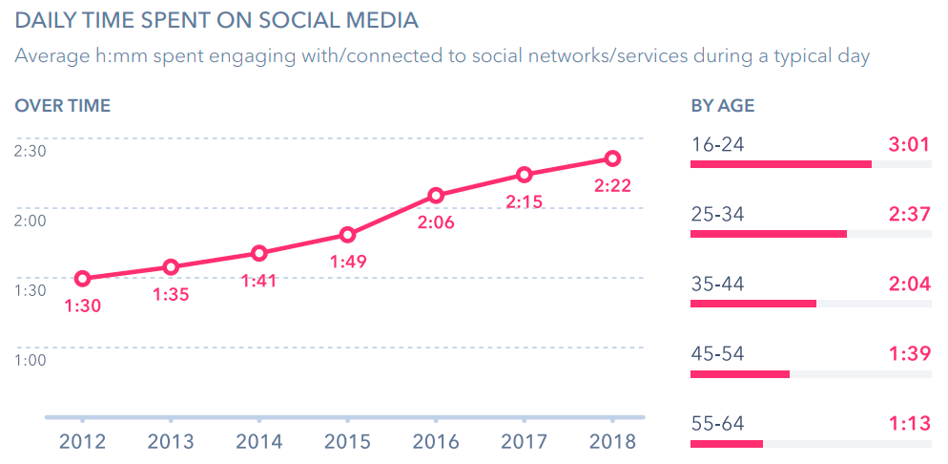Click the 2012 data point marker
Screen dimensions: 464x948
tap(83, 279)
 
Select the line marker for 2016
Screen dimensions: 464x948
tap(436, 196)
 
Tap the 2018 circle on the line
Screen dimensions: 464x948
tap(613, 158)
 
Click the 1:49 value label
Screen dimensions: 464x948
tap(347, 261)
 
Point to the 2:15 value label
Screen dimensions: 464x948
tap(525, 201)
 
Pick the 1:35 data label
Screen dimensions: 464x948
tap(171, 294)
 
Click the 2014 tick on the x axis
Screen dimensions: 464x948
tap(258, 441)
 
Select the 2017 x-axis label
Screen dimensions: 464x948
tap(525, 441)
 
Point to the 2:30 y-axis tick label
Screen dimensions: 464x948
tap(30, 150)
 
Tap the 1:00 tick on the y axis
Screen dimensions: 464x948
tap(30, 360)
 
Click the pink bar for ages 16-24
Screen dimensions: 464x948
tap(780, 164)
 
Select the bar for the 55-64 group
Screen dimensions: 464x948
tap(726, 443)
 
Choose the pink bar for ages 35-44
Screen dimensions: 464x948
tap(752, 304)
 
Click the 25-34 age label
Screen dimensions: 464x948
tap(717, 214)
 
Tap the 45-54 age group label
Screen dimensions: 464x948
tap(717, 353)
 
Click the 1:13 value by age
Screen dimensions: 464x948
tap(909, 423)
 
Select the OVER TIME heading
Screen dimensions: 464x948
tap(63, 106)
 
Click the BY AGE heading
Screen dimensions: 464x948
tap(723, 106)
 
